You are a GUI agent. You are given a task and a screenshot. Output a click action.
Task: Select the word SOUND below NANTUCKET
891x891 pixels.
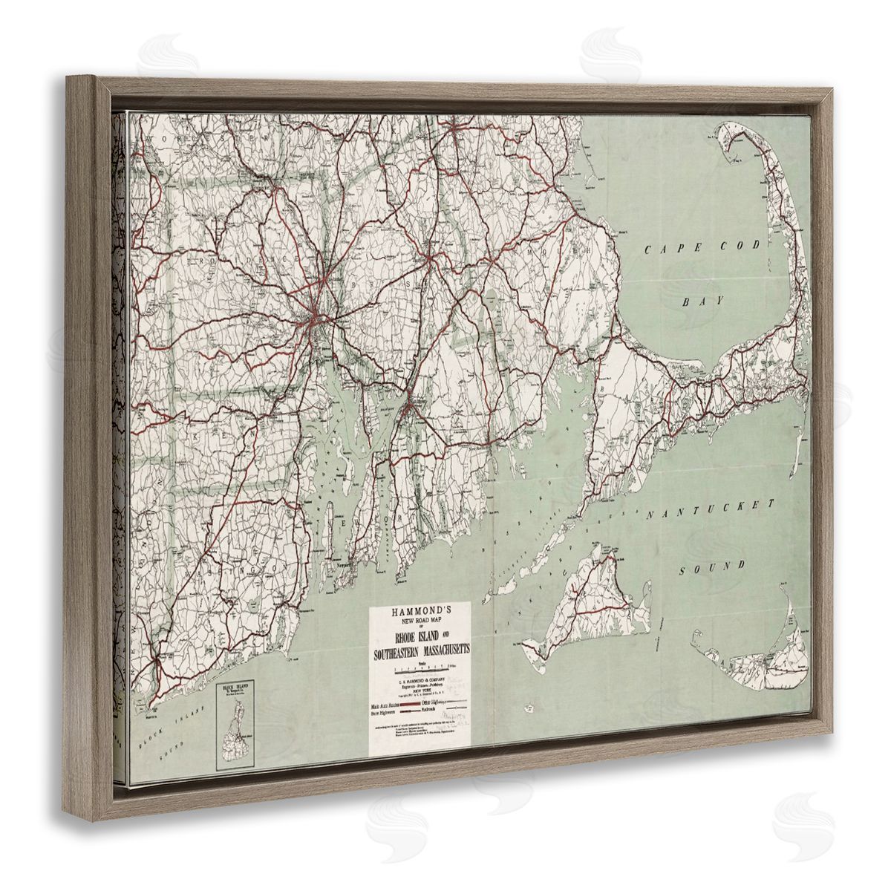pyautogui.click(x=712, y=568)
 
